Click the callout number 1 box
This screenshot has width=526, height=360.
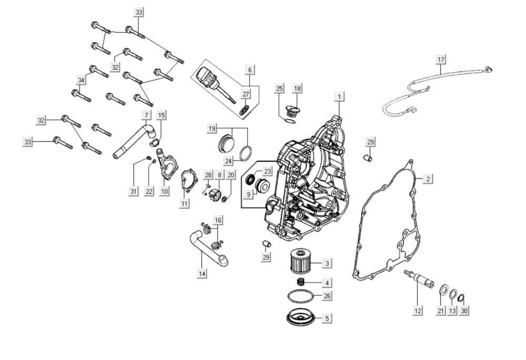340,97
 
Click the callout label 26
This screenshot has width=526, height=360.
327,296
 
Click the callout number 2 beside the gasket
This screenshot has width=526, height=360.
428,179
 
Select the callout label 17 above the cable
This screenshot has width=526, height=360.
441,60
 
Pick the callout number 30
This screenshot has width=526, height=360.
463,311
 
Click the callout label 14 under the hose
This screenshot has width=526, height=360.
202,273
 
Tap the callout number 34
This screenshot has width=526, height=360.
81,80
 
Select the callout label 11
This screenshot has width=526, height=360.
184,203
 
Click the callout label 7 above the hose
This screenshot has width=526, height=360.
146,115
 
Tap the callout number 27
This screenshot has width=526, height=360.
246,94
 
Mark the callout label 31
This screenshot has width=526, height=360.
134,191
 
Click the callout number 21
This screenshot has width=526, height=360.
440,311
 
